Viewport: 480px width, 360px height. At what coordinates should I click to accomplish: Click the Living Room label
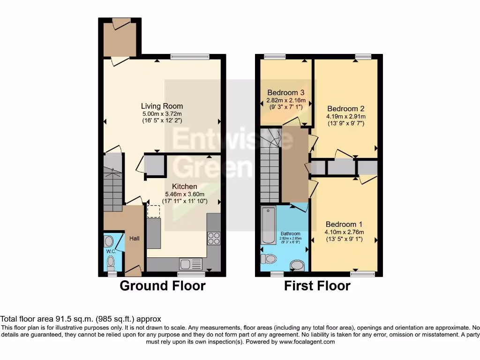pyautogui.click(x=162, y=106)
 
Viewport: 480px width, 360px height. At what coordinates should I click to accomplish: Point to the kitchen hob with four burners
pyautogui.click(x=214, y=239)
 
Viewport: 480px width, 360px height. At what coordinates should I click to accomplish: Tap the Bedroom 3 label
pyautogui.click(x=286, y=93)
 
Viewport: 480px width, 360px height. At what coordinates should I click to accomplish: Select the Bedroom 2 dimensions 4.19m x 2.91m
pyautogui.click(x=346, y=117)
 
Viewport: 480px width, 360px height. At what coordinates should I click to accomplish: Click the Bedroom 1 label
pyautogui.click(x=344, y=224)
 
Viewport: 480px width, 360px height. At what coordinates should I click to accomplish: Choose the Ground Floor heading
pyautogui.click(x=163, y=285)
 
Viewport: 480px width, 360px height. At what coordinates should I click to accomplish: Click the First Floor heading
pyautogui.click(x=317, y=285)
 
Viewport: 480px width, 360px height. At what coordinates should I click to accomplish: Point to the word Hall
pyautogui.click(x=135, y=239)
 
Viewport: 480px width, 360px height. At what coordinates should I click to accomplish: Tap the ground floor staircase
pyautogui.click(x=112, y=185)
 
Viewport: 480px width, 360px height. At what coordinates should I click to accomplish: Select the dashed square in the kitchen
pyautogui.click(x=153, y=211)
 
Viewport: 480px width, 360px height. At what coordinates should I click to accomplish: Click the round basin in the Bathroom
pyautogui.click(x=297, y=266)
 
